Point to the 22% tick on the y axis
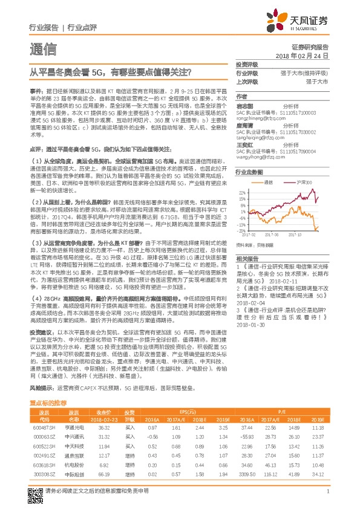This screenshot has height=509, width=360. [x=242, y=191]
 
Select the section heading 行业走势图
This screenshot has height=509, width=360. [x=249, y=172]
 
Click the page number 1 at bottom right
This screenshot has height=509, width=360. [x=327, y=491]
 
